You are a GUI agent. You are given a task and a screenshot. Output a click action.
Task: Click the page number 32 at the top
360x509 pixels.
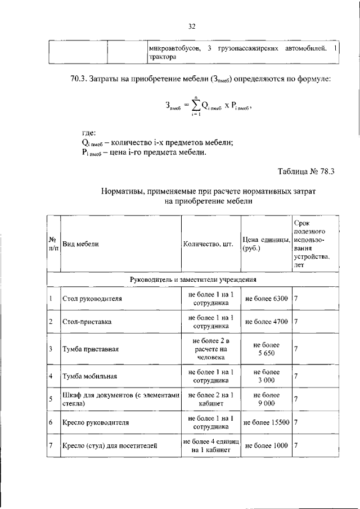coord(191,26)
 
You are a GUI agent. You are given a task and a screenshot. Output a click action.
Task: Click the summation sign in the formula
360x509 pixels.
coord(196,105)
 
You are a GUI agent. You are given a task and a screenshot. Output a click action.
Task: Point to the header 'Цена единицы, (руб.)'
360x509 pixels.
coord(265,244)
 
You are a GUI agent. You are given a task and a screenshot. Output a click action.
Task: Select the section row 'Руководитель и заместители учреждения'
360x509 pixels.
coord(193,279)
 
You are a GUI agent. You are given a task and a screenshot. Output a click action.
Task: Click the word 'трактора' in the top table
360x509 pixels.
coord(162,57)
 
